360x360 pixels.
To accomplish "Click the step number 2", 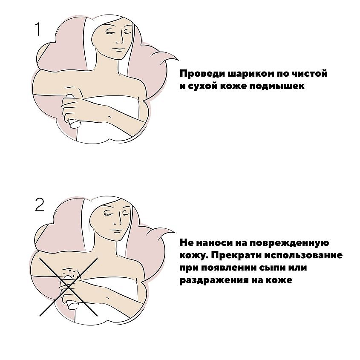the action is (x=40, y=204).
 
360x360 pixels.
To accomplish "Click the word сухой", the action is (x=202, y=86).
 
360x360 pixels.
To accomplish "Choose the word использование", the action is (x=303, y=255).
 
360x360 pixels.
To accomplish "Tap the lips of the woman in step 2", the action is (x=117, y=230).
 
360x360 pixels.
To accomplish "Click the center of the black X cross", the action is (x=68, y=287).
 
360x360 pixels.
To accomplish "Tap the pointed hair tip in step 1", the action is (x=178, y=60).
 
